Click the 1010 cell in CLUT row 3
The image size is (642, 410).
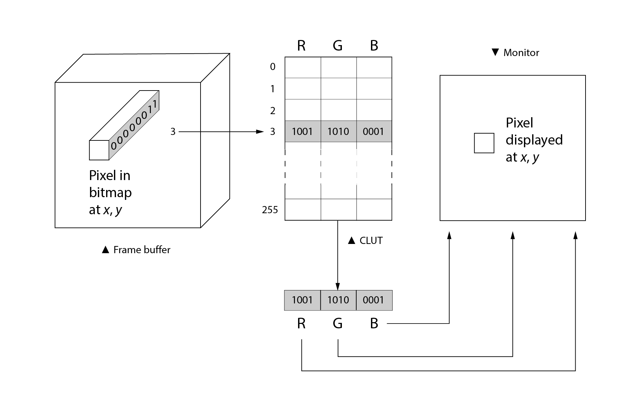(338, 132)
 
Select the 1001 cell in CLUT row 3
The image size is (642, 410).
(303, 132)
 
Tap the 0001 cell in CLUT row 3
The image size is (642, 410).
(374, 132)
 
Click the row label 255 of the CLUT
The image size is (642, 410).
(270, 210)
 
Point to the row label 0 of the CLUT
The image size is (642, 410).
(273, 67)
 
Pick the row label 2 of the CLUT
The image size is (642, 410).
(273, 111)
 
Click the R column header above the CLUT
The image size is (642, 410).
(301, 45)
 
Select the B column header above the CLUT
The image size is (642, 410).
(374, 45)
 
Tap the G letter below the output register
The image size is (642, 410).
(338, 323)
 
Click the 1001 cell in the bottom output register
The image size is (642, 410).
(302, 300)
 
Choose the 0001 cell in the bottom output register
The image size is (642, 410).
(374, 300)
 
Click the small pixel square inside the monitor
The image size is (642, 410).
(484, 143)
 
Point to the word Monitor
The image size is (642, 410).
(521, 53)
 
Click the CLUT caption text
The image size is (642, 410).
(371, 241)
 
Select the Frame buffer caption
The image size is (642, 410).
(142, 250)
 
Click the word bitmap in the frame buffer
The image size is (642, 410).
(110, 193)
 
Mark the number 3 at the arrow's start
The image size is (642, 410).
(173, 132)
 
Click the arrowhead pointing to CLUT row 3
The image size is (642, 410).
(260, 132)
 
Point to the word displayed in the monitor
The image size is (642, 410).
(534, 140)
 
